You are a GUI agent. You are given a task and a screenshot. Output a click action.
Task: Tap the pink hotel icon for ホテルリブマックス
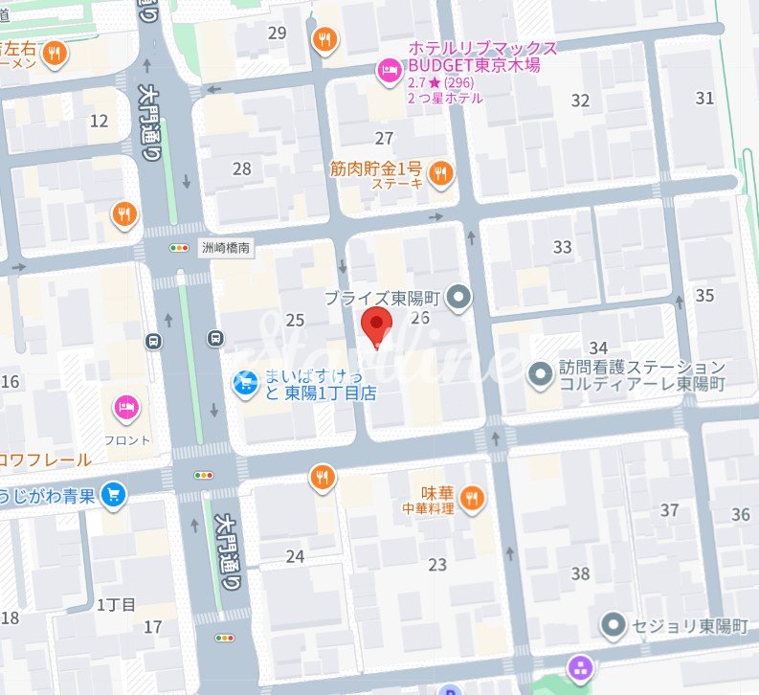(388, 69)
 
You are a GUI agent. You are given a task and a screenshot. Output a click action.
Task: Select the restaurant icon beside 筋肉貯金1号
(440, 173)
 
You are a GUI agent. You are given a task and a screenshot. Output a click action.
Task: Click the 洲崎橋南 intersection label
(226, 247)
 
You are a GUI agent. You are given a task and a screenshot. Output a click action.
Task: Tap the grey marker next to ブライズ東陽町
(460, 299)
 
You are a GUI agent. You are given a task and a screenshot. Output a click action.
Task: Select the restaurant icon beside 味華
(470, 497)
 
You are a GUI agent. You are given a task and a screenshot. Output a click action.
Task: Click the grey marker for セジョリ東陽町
(614, 626)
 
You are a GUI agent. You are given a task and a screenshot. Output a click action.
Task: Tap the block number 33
(562, 247)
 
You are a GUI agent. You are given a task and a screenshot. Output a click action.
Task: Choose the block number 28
(241, 169)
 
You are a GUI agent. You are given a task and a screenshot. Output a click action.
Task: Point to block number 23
(437, 565)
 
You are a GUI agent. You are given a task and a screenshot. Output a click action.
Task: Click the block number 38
(580, 574)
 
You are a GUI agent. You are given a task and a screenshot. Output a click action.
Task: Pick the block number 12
(99, 121)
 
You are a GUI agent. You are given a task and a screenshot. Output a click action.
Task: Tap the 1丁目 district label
(116, 604)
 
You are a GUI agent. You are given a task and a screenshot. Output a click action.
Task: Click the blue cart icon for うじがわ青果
(114, 494)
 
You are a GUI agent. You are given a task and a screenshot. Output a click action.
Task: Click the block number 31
(704, 98)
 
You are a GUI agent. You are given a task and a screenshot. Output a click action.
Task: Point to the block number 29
(278, 34)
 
